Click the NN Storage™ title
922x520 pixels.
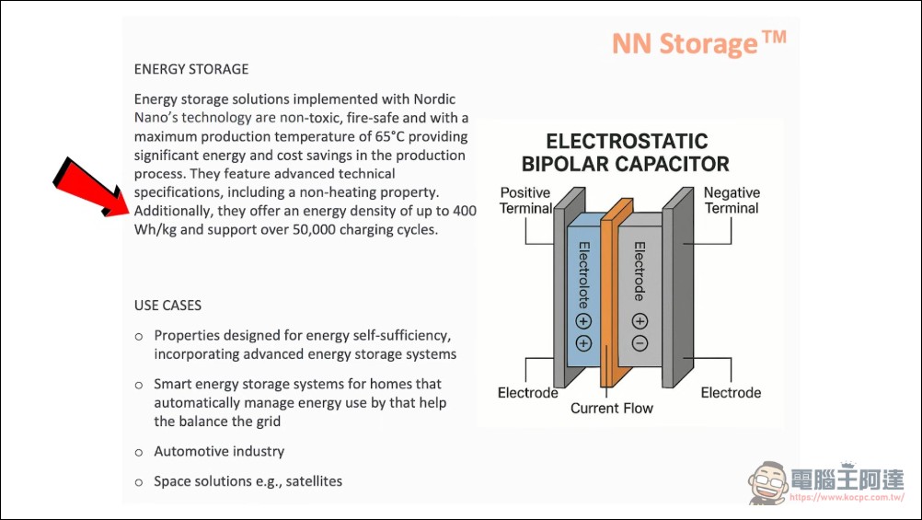(x=699, y=43)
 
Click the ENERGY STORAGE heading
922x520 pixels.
(x=191, y=69)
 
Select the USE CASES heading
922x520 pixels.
(x=167, y=305)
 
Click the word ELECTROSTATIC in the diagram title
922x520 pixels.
(x=627, y=142)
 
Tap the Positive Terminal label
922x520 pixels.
(x=525, y=200)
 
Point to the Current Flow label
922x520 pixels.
(x=612, y=408)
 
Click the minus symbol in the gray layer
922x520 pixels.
(x=640, y=343)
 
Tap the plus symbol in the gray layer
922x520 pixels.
(x=640, y=321)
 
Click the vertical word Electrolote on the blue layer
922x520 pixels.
(x=583, y=276)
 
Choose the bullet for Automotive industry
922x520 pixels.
(x=139, y=452)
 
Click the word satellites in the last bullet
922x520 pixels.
(x=313, y=480)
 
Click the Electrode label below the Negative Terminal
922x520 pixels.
(x=731, y=393)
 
